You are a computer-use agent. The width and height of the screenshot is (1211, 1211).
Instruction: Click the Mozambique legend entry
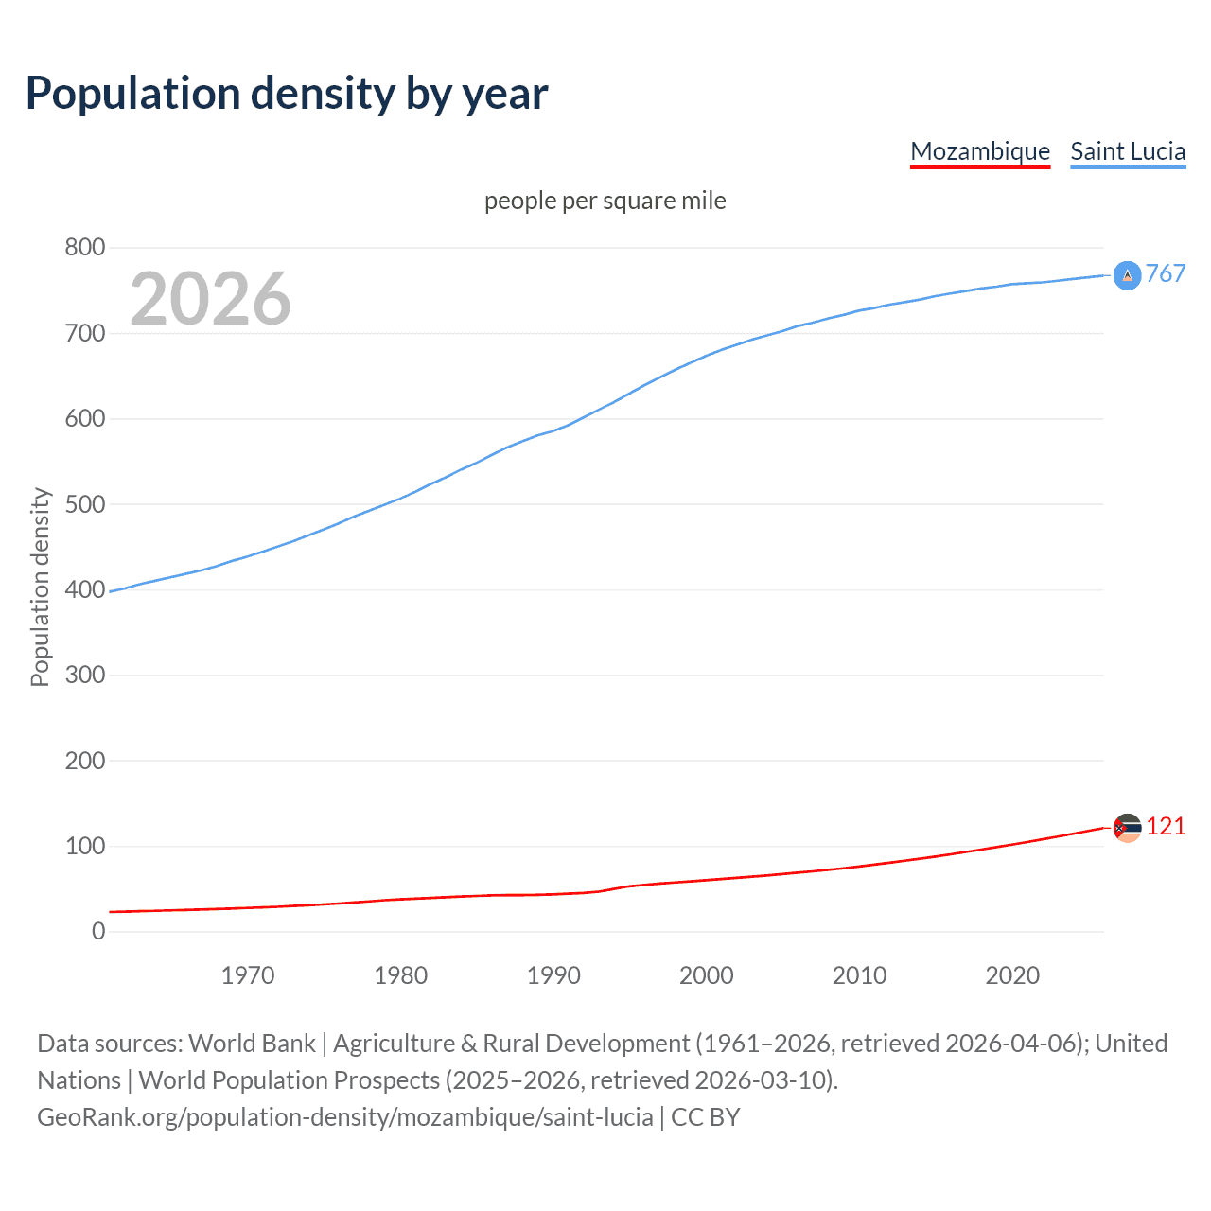point(980,151)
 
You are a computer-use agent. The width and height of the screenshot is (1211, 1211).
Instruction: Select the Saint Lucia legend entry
point(1128,151)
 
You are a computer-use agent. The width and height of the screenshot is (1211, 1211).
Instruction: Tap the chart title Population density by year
point(287,93)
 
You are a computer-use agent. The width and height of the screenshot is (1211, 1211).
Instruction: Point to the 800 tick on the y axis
point(84,248)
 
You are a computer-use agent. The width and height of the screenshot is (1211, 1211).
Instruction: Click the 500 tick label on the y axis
point(84,504)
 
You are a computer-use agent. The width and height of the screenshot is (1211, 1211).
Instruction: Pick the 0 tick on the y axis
point(98,932)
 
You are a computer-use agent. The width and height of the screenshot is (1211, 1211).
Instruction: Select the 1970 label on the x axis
point(248,975)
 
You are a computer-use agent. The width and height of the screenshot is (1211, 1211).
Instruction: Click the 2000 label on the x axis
point(706,975)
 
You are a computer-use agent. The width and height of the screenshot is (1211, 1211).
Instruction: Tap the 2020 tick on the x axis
point(1012,975)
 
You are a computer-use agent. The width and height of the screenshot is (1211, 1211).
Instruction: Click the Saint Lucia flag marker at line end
point(1127,275)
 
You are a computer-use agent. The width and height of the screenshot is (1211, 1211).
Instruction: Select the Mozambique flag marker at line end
point(1127,828)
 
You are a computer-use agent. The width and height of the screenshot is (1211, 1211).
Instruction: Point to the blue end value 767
point(1166,274)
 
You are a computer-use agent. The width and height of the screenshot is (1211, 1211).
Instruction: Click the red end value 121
point(1166,827)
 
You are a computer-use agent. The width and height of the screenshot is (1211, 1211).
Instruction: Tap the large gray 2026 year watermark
point(210,299)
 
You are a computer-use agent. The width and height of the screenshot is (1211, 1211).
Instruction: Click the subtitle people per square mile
point(605,201)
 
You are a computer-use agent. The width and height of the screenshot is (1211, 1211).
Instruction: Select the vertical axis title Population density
point(40,587)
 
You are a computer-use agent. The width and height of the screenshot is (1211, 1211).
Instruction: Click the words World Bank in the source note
point(252,1044)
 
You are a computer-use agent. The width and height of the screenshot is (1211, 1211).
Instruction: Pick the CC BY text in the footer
point(706,1117)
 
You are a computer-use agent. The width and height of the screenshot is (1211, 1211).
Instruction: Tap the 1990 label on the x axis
point(553,975)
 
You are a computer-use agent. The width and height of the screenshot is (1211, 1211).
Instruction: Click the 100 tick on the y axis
point(84,847)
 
